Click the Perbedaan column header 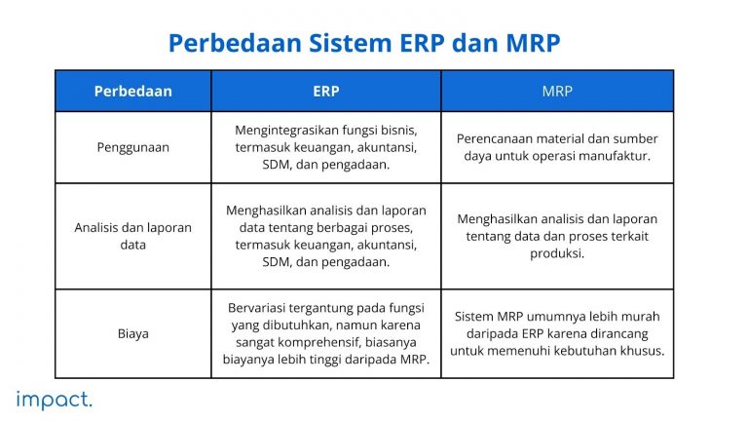click(132, 92)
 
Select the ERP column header click(325, 92)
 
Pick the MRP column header click(557, 92)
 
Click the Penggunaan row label click(132, 147)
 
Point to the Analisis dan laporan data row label click(132, 236)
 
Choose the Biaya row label click(132, 333)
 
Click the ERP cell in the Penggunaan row click(325, 147)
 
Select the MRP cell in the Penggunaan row click(557, 147)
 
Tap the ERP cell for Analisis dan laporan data click(325, 236)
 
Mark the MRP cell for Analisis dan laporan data click(557, 236)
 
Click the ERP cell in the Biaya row click(325, 333)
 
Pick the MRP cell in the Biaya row click(557, 333)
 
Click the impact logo click(55, 399)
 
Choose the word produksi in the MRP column click(557, 253)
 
